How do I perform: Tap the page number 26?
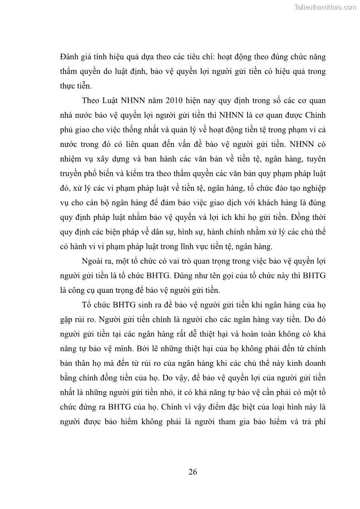click(193, 472)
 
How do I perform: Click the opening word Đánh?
click(69, 57)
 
